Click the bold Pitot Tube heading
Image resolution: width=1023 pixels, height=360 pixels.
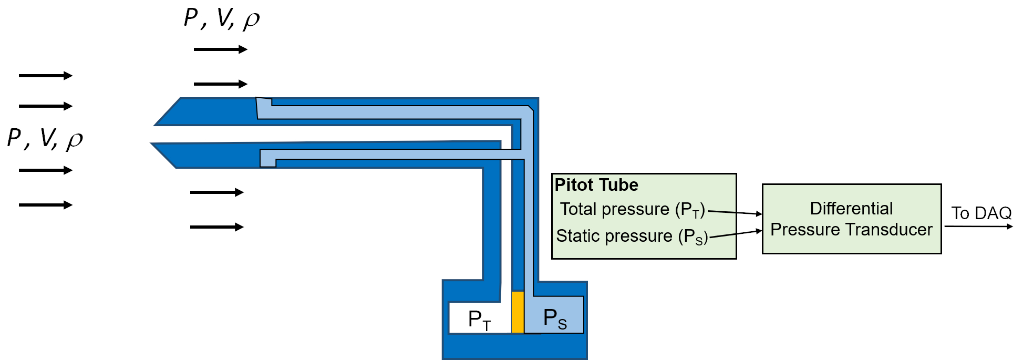pyautogui.click(x=596, y=185)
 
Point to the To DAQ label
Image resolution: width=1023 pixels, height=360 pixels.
pyautogui.click(x=981, y=213)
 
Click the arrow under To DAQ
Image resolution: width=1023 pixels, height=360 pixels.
pyautogui.click(x=978, y=227)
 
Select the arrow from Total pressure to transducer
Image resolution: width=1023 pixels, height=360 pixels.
pyautogui.click(x=735, y=212)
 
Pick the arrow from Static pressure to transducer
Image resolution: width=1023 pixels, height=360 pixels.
pyautogui.click(x=736, y=234)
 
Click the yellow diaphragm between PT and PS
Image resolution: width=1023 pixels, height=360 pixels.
pyautogui.click(x=518, y=312)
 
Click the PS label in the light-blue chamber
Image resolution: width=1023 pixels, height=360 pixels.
pyautogui.click(x=555, y=318)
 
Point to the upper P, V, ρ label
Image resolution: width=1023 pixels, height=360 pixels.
pyautogui.click(x=222, y=18)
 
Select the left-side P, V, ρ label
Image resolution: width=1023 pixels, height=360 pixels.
pyautogui.click(x=45, y=139)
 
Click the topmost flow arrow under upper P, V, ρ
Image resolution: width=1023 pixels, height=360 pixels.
pyautogui.click(x=220, y=49)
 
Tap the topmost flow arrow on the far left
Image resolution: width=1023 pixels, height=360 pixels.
pyautogui.click(x=45, y=76)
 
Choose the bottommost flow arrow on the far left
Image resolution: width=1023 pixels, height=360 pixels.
pyautogui.click(x=45, y=205)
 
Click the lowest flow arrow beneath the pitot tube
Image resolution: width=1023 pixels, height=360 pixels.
pyautogui.click(x=216, y=227)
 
